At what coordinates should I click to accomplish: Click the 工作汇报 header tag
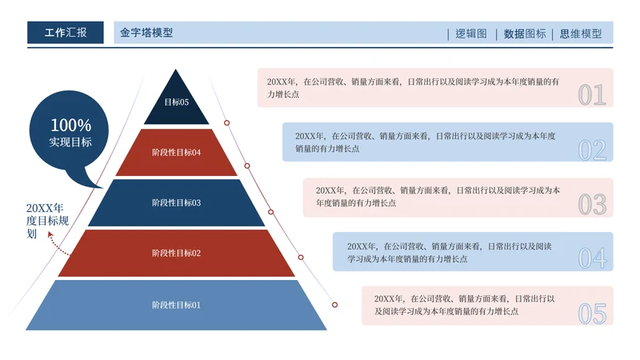pyautogui.click(x=65, y=33)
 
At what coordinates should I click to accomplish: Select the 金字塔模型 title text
pyautogui.click(x=146, y=33)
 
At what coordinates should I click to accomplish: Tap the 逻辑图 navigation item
pyautogui.click(x=470, y=34)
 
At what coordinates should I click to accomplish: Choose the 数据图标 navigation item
pyautogui.click(x=525, y=34)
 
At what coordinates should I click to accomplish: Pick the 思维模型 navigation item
pyautogui.click(x=581, y=34)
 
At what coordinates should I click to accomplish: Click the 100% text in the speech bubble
pyautogui.click(x=70, y=126)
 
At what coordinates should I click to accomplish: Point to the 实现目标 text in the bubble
pyautogui.click(x=70, y=142)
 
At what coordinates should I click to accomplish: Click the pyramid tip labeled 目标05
pyautogui.click(x=176, y=102)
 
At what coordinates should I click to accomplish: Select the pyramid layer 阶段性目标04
pyautogui.click(x=176, y=152)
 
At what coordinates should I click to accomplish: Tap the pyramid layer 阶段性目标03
pyautogui.click(x=176, y=202)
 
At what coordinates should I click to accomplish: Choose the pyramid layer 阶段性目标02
pyautogui.click(x=176, y=253)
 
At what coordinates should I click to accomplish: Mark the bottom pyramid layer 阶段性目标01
pyautogui.click(x=176, y=305)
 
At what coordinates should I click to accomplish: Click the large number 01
pyautogui.click(x=592, y=95)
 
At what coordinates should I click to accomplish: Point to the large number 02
pyautogui.click(x=592, y=150)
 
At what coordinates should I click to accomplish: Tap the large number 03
pyautogui.click(x=592, y=204)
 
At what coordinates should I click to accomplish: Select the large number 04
pyautogui.click(x=593, y=258)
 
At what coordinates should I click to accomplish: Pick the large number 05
pyautogui.click(x=593, y=313)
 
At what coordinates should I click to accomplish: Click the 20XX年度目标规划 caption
pyautogui.click(x=46, y=221)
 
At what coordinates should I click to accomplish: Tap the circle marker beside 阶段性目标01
pyautogui.click(x=335, y=305)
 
